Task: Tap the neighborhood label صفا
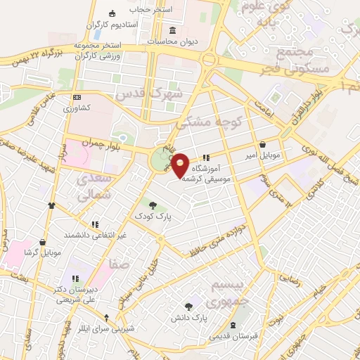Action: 117,265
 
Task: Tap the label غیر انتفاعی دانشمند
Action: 95,235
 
